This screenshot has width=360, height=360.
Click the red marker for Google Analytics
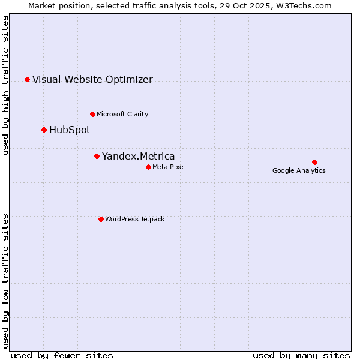click(x=314, y=162)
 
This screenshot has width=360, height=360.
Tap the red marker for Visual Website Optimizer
click(x=27, y=79)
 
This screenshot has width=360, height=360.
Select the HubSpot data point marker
click(x=44, y=130)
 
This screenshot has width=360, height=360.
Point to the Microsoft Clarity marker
click(x=92, y=114)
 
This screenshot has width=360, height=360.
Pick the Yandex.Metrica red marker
click(x=97, y=156)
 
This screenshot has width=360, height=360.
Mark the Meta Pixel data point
click(x=148, y=167)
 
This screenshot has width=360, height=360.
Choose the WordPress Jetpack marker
click(x=101, y=219)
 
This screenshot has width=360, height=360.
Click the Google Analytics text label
click(x=299, y=170)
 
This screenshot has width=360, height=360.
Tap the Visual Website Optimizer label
click(x=92, y=80)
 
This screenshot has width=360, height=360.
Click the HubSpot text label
click(x=70, y=130)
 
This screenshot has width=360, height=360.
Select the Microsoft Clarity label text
click(x=122, y=115)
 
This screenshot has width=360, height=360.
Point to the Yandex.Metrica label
click(x=139, y=157)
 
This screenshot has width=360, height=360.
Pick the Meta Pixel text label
click(x=169, y=167)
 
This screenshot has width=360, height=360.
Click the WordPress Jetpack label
click(x=134, y=220)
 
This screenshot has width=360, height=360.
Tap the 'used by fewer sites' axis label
click(x=62, y=355)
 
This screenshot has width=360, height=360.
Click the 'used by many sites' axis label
click(x=301, y=355)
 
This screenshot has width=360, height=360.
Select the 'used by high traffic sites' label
click(x=6, y=85)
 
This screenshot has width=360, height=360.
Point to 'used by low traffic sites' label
click(x=6, y=280)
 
